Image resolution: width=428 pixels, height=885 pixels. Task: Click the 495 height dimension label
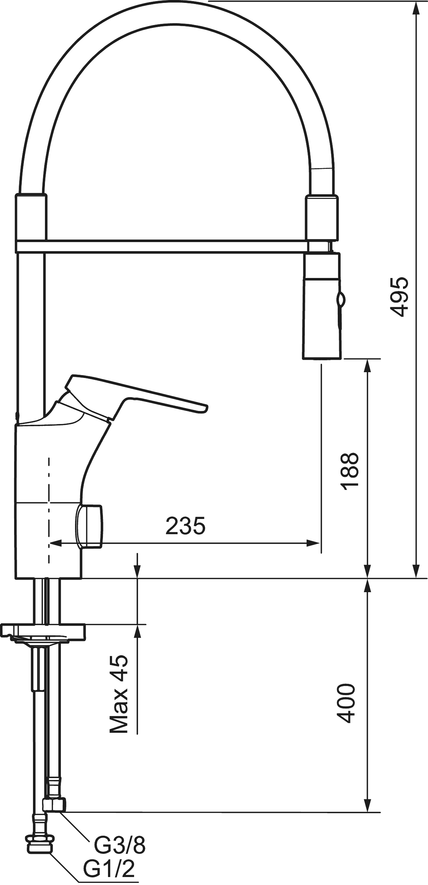[399, 297]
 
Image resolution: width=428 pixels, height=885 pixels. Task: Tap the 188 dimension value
[350, 471]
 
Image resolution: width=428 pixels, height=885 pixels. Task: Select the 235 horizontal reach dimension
[186, 526]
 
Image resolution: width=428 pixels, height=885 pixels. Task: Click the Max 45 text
[119, 694]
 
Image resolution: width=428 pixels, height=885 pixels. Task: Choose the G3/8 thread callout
[120, 845]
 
